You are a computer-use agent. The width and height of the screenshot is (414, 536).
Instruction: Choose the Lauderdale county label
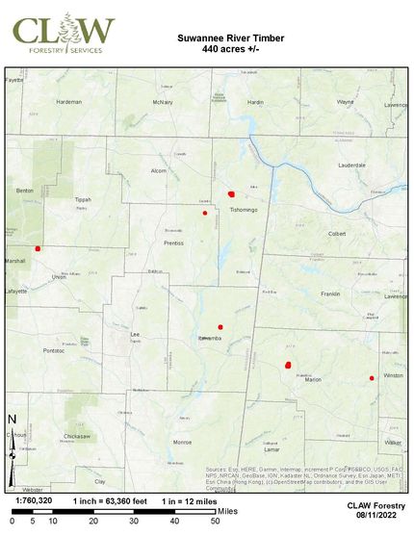pyautogui.click(x=351, y=166)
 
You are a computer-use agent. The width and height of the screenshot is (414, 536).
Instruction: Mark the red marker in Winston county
pyautogui.click(x=372, y=378)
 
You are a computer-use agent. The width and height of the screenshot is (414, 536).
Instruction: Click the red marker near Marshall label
pyautogui.click(x=38, y=248)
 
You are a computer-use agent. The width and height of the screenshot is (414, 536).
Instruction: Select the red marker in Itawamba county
pyautogui.click(x=220, y=327)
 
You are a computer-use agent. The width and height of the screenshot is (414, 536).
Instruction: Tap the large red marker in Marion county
pyautogui.click(x=288, y=365)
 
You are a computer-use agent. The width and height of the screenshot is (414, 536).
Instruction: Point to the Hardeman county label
pyautogui.click(x=68, y=101)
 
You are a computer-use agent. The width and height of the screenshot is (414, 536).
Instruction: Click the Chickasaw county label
pyautogui.click(x=76, y=436)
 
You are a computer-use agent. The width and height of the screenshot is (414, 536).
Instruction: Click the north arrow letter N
pyautogui.click(x=12, y=419)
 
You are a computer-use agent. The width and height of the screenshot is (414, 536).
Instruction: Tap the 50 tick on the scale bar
pyautogui.click(x=216, y=520)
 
